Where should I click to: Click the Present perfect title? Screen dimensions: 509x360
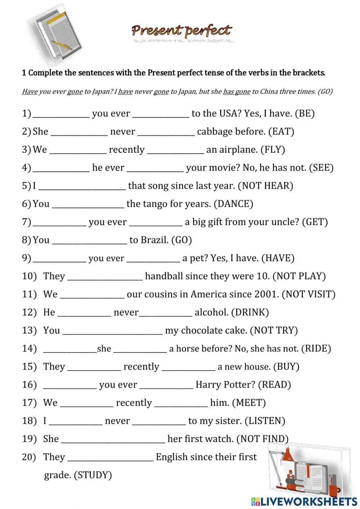point(181,31)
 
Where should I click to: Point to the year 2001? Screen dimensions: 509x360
point(266,294)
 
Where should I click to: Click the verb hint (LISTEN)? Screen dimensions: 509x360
point(265,421)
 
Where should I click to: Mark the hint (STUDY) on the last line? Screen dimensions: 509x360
point(93,475)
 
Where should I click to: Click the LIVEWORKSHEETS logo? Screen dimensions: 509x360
point(304,501)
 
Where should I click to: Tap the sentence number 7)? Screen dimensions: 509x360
point(27,222)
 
